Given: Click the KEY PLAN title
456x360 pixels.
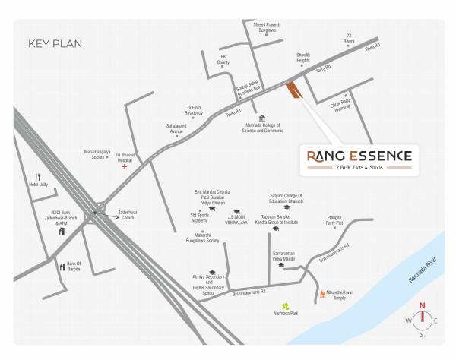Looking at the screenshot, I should pyautogui.click(x=55, y=43).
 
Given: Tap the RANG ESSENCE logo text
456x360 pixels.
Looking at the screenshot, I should pyautogui.click(x=359, y=156).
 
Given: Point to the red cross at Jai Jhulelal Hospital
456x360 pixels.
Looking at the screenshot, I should pyautogui.click(x=125, y=166).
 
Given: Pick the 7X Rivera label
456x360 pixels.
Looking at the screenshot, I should pyautogui.click(x=350, y=38).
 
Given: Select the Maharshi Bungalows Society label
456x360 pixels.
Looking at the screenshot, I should pyautogui.click(x=202, y=237).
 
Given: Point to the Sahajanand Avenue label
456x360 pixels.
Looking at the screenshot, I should pyautogui.click(x=176, y=129).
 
